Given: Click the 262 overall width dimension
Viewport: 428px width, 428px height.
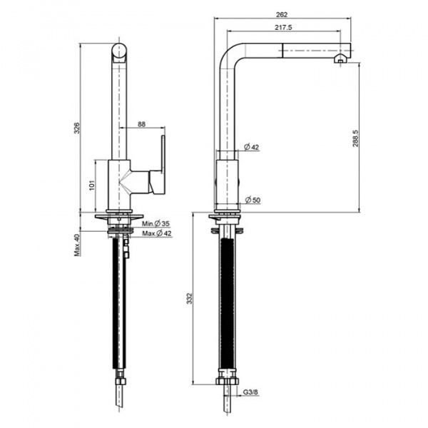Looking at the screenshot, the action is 282,15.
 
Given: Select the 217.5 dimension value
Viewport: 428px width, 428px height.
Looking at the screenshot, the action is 283,27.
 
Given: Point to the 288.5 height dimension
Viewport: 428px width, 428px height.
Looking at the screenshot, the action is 355,138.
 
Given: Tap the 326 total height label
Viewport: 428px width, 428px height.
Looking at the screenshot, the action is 77,128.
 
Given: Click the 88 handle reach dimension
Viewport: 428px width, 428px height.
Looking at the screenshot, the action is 142,124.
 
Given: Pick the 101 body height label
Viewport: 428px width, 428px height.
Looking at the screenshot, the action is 92,185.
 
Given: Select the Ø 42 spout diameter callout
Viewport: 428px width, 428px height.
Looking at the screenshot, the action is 252,147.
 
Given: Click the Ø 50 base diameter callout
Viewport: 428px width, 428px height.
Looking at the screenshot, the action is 253,200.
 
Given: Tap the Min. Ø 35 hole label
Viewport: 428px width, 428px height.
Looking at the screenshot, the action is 156,224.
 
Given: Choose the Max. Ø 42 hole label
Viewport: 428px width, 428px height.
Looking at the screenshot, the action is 157,233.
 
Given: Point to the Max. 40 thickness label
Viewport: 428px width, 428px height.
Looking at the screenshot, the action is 77,245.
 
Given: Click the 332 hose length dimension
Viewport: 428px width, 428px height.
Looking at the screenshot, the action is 190,298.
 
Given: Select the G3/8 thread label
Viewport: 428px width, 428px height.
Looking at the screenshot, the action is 250,392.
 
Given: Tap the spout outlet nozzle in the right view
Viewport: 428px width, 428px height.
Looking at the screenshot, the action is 340,58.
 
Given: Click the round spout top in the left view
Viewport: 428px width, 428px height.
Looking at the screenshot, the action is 119,52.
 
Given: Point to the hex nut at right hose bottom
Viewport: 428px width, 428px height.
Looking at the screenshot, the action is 227,381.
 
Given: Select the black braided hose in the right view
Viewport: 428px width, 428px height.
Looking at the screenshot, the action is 227,304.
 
